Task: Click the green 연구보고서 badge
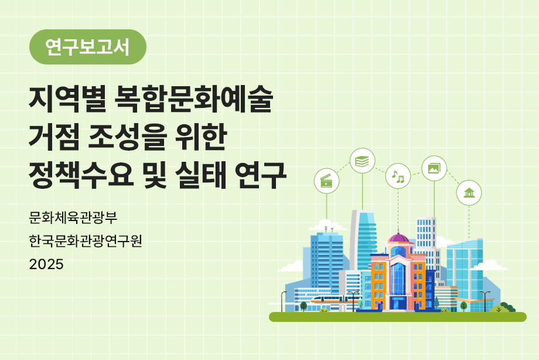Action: point(88,47)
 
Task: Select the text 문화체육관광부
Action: point(73,218)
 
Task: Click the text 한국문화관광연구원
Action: point(85,240)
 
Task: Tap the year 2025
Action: point(46,264)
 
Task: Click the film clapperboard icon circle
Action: point(327,181)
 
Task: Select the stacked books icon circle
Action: point(363,161)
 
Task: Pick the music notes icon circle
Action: point(398,176)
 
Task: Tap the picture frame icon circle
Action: point(434,168)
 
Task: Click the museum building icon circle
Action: point(469,193)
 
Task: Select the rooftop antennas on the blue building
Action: point(327,223)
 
